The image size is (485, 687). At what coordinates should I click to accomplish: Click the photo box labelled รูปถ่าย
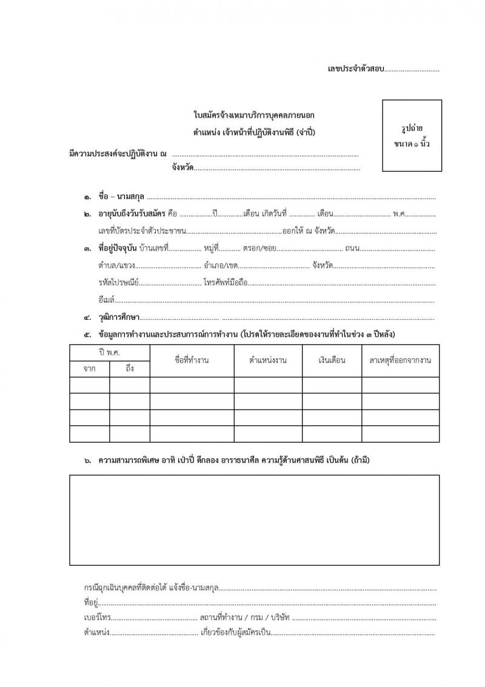pos(412,135)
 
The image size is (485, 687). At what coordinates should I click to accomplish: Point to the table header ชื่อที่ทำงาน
pos(192,360)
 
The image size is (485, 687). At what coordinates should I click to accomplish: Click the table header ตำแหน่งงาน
pos(267,360)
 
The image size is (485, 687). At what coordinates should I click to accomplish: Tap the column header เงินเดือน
pos(332,360)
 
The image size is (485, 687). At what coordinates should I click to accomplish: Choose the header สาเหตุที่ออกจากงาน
pos(400,360)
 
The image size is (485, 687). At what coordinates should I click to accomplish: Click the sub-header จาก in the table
pos(89,368)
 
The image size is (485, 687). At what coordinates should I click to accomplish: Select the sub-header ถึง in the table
pos(130,368)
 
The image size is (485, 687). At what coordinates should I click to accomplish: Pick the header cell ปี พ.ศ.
pos(110,353)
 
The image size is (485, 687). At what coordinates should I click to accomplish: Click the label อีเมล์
pos(106,300)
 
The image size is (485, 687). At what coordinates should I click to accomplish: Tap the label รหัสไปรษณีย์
pos(118,283)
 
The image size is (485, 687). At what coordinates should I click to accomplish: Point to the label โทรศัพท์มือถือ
pos(226,283)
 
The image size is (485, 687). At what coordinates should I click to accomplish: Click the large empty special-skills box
pos(254,519)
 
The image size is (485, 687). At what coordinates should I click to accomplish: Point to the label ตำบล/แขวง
pos(116,266)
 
